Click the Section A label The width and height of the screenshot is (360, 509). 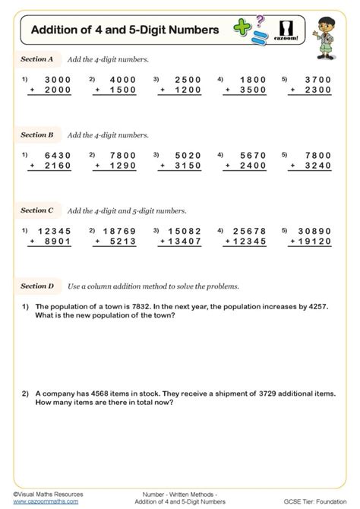point(36,58)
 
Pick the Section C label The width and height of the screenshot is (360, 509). point(36,210)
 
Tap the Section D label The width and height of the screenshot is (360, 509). point(36,286)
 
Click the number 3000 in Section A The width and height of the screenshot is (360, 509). point(58,79)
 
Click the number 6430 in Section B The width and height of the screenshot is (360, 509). point(58,155)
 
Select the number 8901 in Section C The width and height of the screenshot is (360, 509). point(58,242)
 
